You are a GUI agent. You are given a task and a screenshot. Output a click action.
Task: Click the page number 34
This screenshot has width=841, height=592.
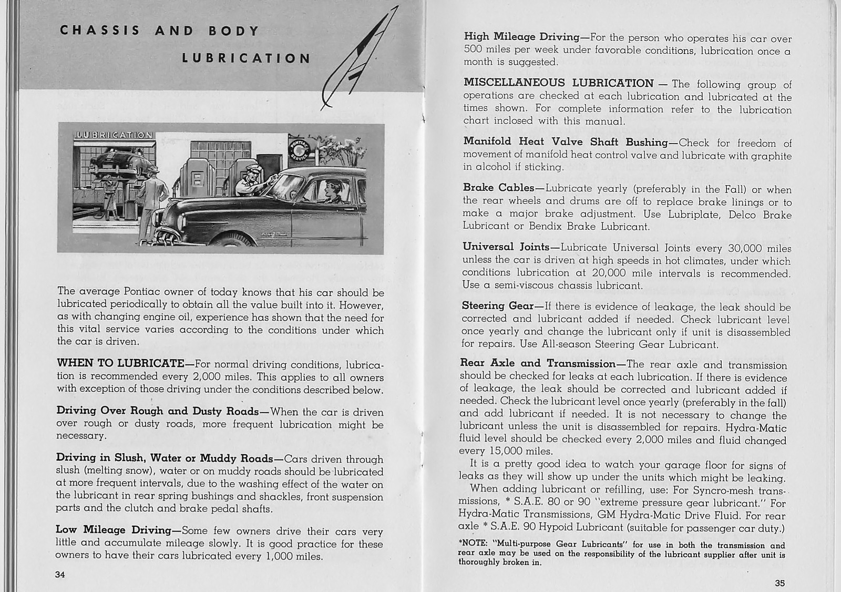point(60,575)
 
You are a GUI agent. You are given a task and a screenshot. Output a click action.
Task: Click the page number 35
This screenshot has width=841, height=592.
point(780,583)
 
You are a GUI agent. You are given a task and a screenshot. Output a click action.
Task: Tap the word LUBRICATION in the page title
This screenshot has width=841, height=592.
point(246,58)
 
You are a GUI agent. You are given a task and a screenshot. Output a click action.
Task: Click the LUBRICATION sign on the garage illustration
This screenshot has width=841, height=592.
point(114,135)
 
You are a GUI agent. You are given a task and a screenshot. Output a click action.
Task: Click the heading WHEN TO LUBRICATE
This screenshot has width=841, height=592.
point(120,363)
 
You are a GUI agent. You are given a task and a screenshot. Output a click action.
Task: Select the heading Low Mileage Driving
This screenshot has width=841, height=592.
point(114,530)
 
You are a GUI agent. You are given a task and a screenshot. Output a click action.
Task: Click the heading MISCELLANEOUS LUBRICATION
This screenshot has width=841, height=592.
point(558,83)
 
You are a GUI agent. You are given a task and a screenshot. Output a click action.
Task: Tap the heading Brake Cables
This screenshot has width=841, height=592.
point(498,188)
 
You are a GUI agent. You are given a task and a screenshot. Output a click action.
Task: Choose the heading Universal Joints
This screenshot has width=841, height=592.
point(506,247)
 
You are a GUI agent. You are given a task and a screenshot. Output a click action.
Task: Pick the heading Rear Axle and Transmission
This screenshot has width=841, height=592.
point(537,363)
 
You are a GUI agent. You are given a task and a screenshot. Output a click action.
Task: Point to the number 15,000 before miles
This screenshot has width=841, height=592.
point(494,451)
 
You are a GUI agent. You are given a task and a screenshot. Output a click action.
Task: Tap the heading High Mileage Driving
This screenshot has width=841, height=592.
point(521,37)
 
